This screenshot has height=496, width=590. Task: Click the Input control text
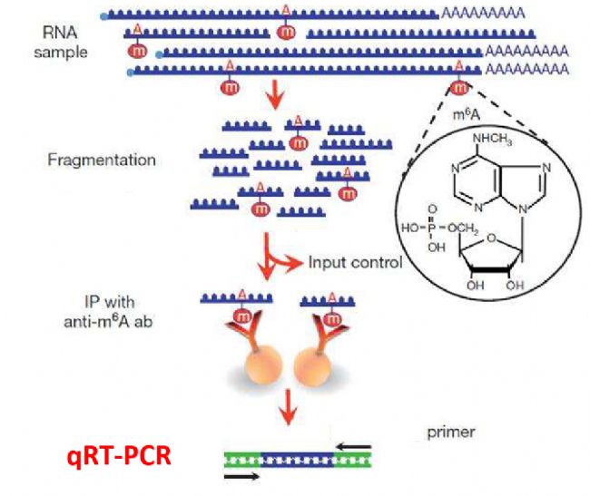(x=354, y=263)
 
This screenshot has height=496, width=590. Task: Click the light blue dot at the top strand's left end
(x=105, y=15)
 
